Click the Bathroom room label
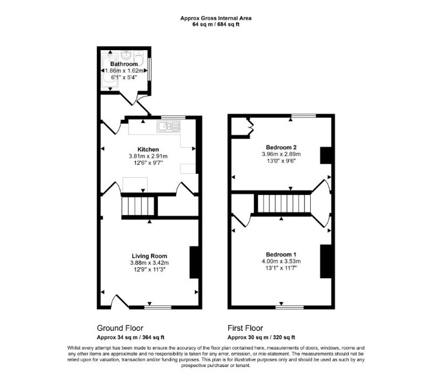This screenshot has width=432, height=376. point(124,64)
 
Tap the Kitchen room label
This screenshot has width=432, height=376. point(148,149)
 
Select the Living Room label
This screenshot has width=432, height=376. point(150,256)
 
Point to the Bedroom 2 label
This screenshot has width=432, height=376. point(281,147)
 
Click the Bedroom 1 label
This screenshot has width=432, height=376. point(281,254)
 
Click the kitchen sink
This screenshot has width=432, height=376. point(169,126)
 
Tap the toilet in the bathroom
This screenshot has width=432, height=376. point(139,58)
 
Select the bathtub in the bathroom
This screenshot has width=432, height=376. point(110,71)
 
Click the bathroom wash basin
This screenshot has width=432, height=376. point(126,55)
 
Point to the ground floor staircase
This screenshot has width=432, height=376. point(138,206)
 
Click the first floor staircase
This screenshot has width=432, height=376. point(284,203)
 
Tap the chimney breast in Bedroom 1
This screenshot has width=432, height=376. point(326,261)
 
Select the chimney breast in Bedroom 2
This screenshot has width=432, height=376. point(326,156)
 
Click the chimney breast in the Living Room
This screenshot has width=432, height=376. point(194,263)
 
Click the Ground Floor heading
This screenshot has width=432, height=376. point(120,328)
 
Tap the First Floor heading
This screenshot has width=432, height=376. point(245,328)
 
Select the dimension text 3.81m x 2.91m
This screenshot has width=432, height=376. point(148,156)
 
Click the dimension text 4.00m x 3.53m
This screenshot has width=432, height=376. point(281,261)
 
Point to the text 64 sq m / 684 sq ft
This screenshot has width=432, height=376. point(216,24)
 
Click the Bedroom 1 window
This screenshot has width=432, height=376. point(290,307)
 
